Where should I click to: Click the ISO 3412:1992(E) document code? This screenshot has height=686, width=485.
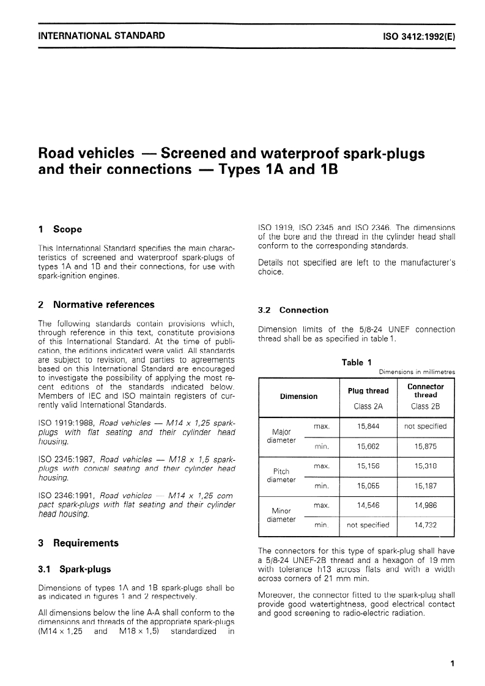(418, 36)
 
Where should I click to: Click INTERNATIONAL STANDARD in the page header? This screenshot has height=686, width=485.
(102, 35)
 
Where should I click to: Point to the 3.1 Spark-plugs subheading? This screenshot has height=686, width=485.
(75, 569)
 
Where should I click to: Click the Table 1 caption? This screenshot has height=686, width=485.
(353, 363)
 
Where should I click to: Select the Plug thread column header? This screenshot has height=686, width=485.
(368, 391)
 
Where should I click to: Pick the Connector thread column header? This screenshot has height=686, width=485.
(426, 390)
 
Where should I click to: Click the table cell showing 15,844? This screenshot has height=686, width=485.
(368, 426)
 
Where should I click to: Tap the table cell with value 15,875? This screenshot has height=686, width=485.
(426, 447)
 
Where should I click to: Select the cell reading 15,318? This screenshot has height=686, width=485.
(426, 466)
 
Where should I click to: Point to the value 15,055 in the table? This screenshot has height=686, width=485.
(368, 486)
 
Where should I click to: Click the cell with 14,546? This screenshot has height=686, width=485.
(368, 505)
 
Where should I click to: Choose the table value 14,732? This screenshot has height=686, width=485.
(426, 524)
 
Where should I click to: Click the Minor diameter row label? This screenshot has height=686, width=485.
(282, 515)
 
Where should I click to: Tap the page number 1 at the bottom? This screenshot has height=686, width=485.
(451, 663)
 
